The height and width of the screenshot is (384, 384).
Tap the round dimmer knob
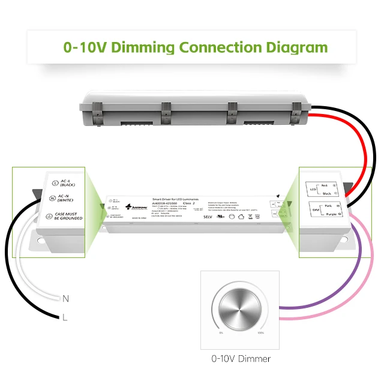(242, 308)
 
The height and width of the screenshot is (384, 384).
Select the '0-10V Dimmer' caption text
(241, 359)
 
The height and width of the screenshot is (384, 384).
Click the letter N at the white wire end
(65, 298)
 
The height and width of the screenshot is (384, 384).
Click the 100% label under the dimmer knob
(260, 332)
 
